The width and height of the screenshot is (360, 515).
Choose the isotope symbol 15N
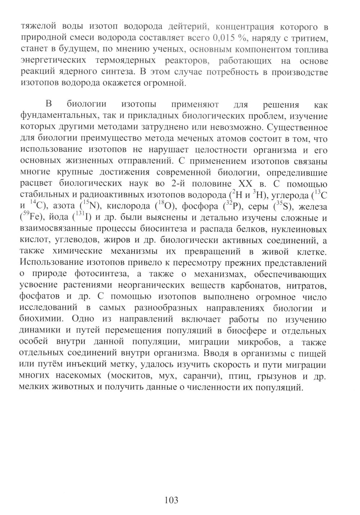coord(89,207)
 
